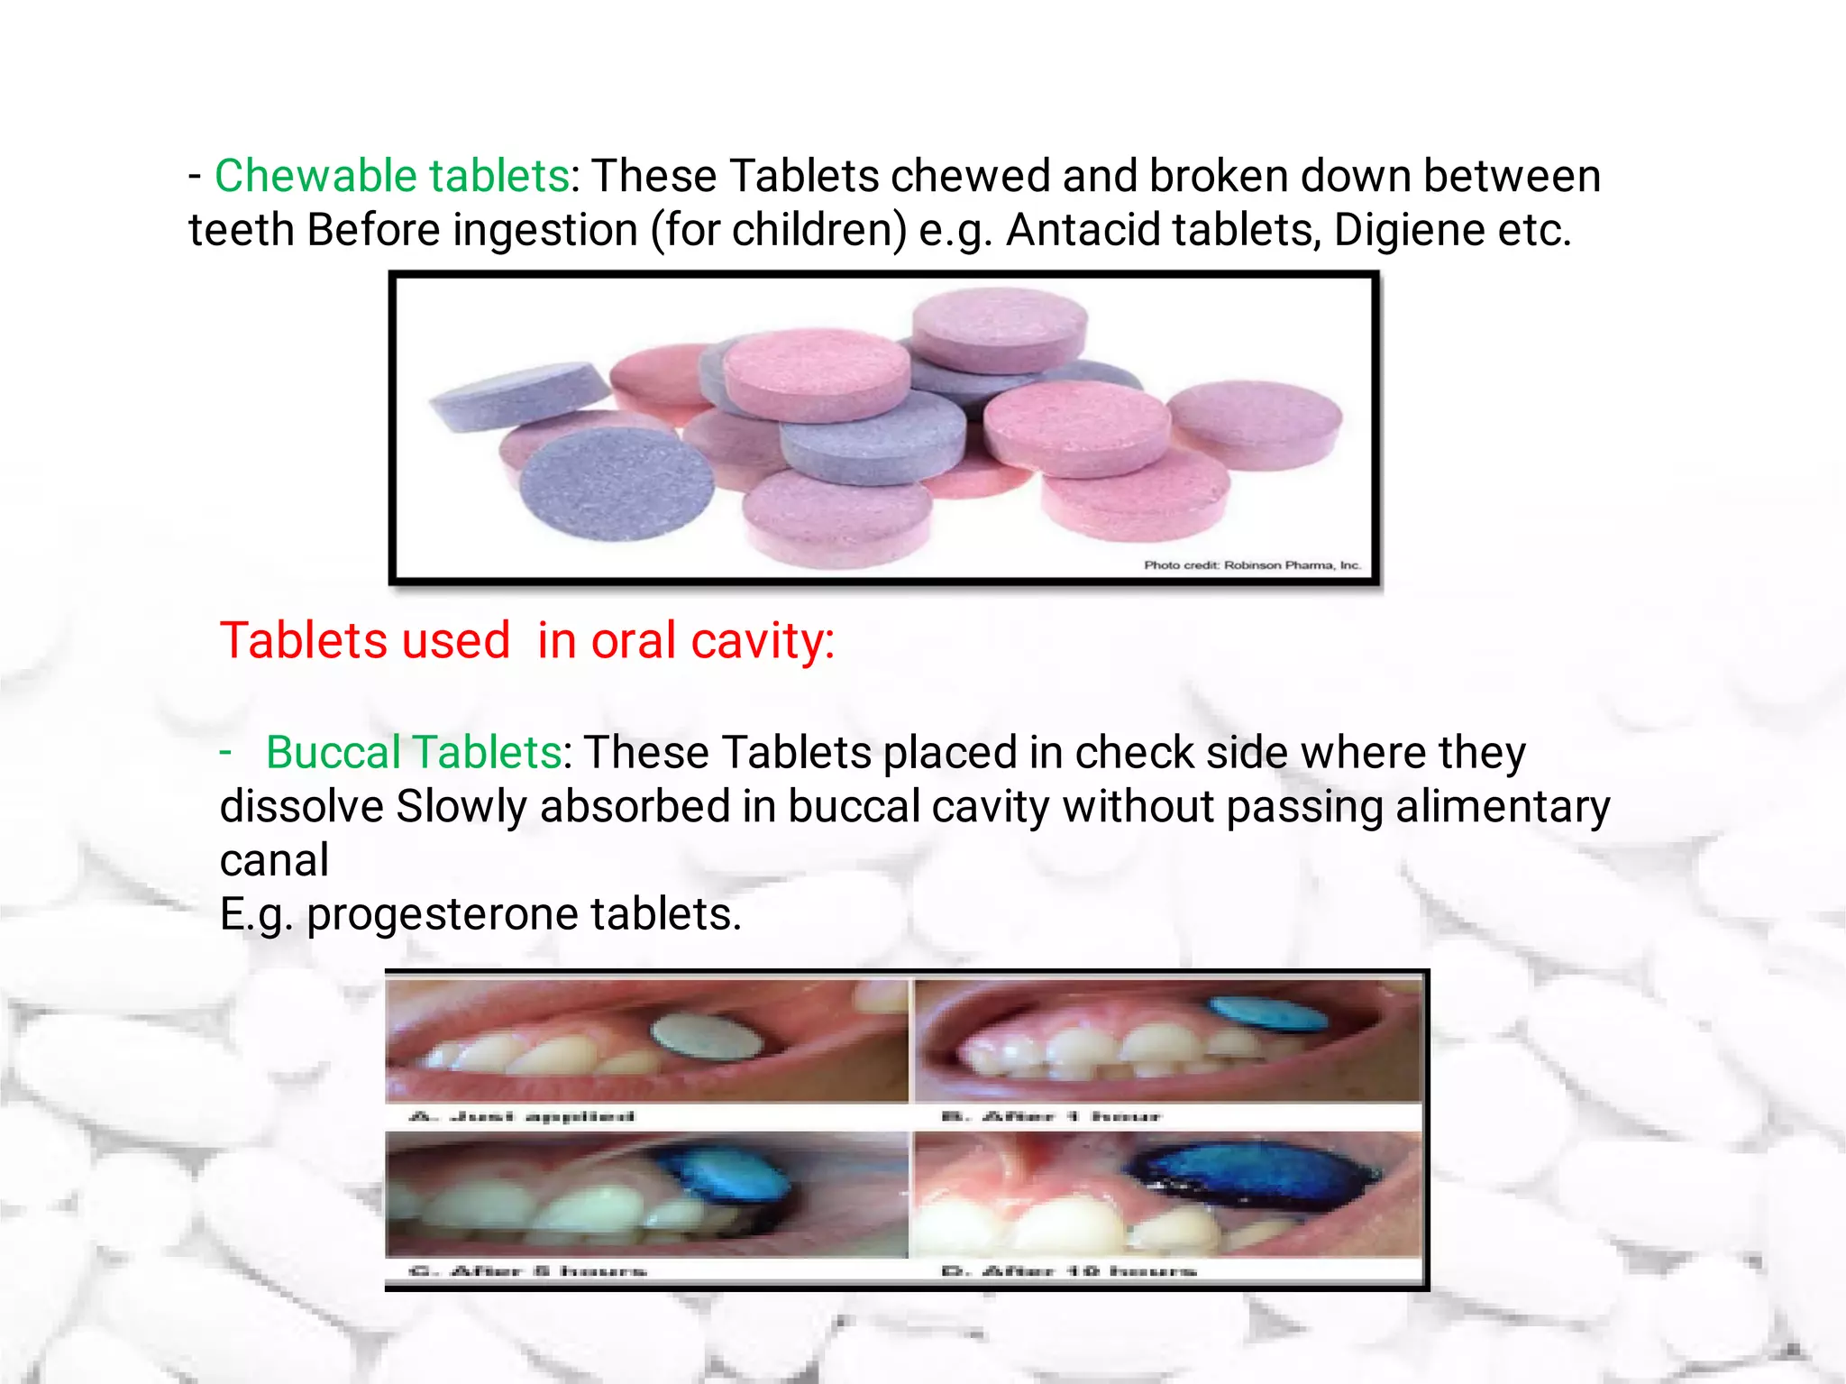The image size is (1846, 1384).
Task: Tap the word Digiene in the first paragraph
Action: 1409,230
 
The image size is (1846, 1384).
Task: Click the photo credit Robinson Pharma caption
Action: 1251,565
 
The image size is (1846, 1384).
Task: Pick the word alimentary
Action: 1503,806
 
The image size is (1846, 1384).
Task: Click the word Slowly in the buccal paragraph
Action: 461,806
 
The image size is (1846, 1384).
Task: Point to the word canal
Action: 274,860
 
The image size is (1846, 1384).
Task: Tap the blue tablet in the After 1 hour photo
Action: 1266,1014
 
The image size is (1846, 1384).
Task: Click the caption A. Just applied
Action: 522,1116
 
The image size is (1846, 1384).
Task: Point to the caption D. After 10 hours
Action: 1068,1271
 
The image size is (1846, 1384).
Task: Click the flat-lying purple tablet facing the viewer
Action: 617,482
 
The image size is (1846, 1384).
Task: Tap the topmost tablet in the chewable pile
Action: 999,326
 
